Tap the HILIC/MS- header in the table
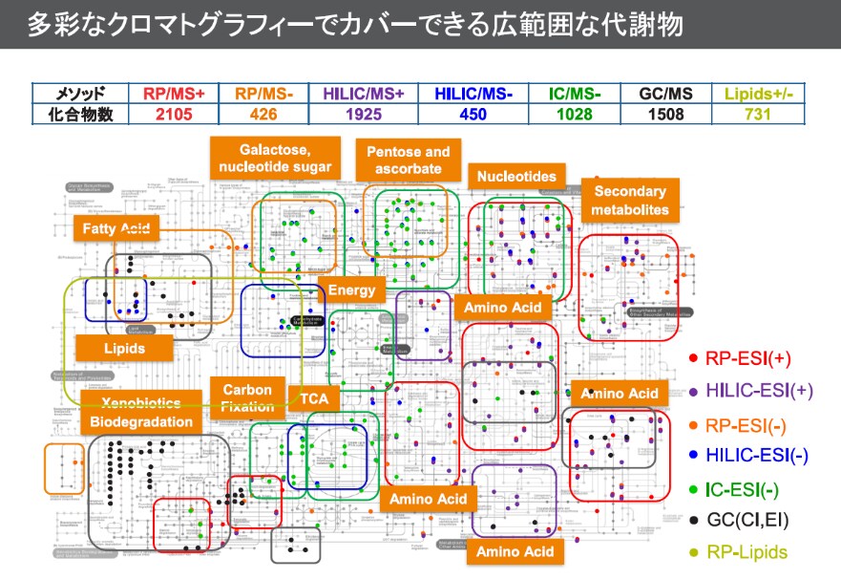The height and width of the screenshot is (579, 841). pyautogui.click(x=473, y=94)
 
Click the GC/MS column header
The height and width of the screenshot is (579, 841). pyautogui.click(x=666, y=94)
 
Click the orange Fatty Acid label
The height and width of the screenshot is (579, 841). pyautogui.click(x=115, y=229)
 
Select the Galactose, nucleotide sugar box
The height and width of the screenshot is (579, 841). pyautogui.click(x=275, y=159)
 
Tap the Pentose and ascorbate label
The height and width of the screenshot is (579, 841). pyautogui.click(x=409, y=161)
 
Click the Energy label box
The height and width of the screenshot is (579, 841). pyautogui.click(x=351, y=290)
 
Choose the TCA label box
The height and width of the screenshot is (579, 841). pyautogui.click(x=313, y=398)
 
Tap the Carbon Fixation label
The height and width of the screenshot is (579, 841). pyautogui.click(x=247, y=398)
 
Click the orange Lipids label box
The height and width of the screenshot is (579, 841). pyautogui.click(x=124, y=348)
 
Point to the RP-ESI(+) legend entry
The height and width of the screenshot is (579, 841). pyautogui.click(x=740, y=358)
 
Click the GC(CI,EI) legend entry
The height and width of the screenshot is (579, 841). pyautogui.click(x=740, y=520)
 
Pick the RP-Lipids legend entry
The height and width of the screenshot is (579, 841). pyautogui.click(x=740, y=551)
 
